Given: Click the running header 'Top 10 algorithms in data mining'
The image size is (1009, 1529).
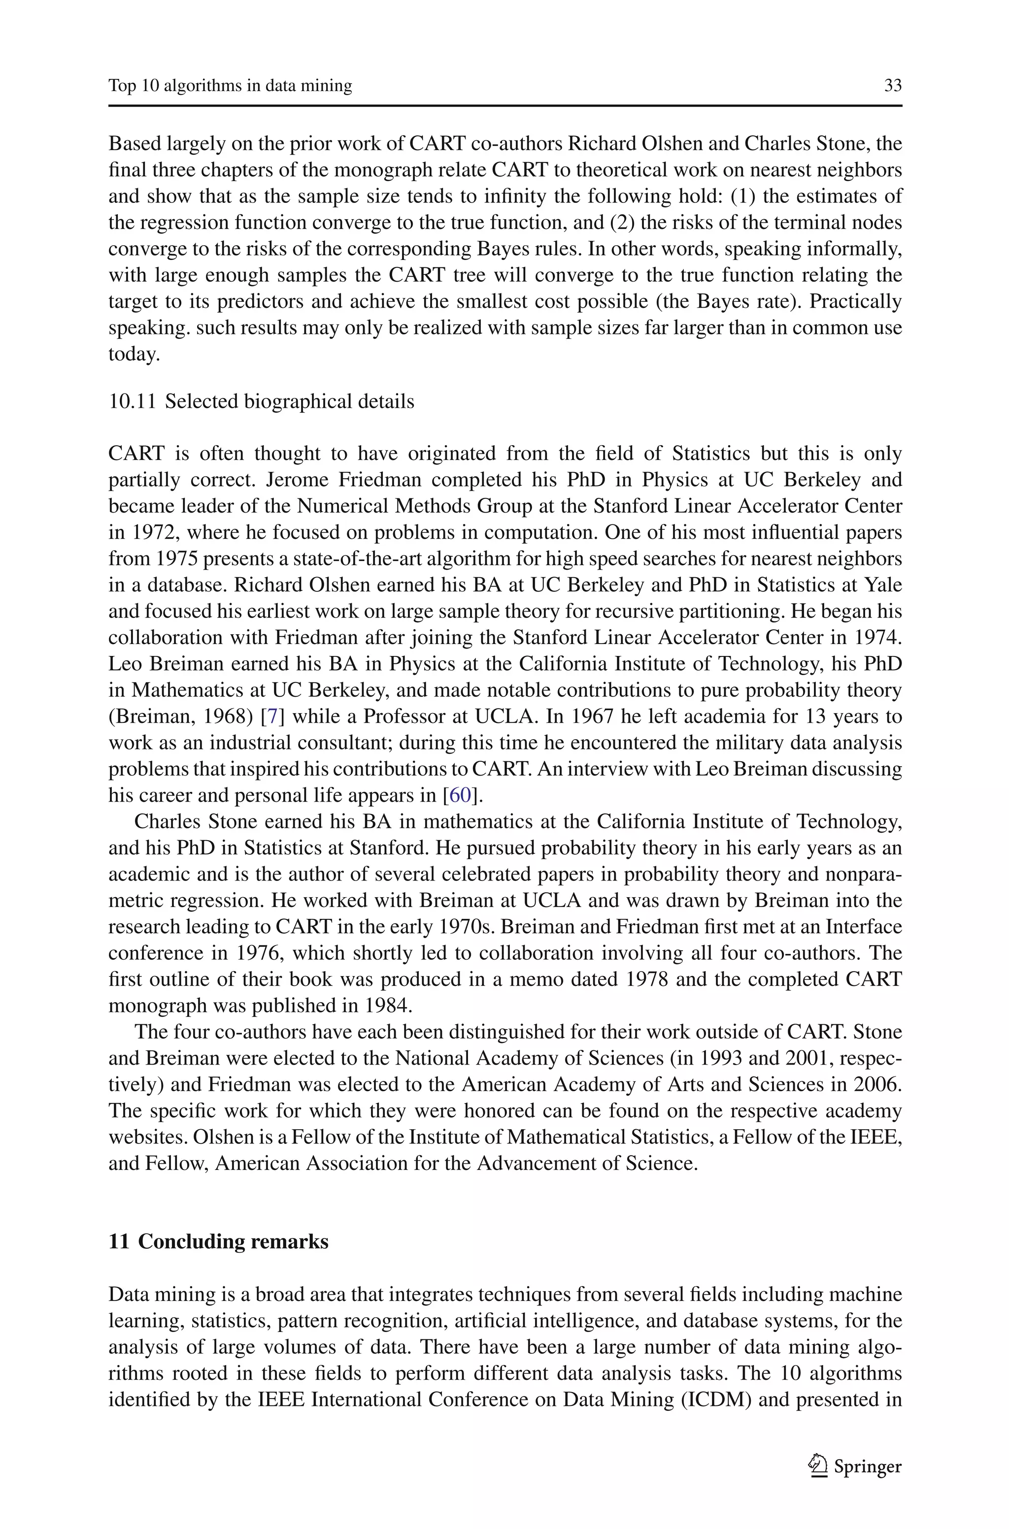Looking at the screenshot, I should [x=231, y=86].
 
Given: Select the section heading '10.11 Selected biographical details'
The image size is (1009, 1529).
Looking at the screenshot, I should [x=261, y=401].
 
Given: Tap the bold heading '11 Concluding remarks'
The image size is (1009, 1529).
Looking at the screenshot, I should [x=219, y=1241].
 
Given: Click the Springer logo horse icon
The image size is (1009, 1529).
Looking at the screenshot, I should [x=817, y=1467].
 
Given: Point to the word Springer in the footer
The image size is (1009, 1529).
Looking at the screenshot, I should [x=868, y=1467].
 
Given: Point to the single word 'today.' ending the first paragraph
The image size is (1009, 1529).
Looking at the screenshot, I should [x=134, y=354].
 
